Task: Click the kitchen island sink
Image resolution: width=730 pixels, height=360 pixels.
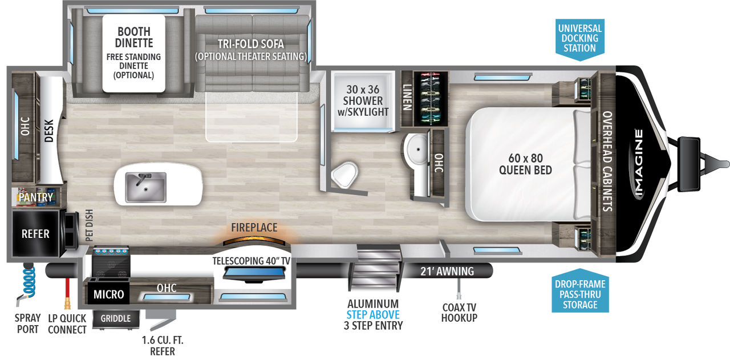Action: pos(145,187)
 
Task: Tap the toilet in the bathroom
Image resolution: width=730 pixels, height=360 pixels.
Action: pos(345,174)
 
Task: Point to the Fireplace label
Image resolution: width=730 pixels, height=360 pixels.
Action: pos(254,227)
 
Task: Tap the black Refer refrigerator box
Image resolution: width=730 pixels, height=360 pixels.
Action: pos(35,234)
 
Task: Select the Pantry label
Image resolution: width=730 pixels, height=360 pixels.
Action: pos(35,197)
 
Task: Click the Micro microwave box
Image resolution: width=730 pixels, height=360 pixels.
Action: pos(108,294)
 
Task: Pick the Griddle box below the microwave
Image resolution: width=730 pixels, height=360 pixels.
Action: pos(116,318)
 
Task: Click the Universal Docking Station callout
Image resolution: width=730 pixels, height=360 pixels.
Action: pos(580,38)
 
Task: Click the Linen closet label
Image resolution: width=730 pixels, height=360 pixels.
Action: pos(407,98)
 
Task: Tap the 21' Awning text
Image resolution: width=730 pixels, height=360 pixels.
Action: pos(447,272)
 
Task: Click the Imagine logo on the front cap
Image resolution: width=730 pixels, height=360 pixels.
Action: pos(639,164)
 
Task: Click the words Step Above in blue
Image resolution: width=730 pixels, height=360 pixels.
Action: pos(373,314)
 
